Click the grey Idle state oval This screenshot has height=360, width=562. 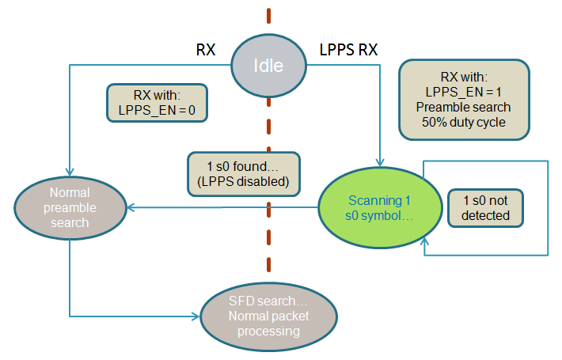pos(267,66)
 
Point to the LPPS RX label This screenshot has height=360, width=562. pos(347,50)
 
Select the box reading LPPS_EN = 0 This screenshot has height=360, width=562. pos(157,104)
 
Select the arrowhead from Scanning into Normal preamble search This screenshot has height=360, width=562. pos(131,208)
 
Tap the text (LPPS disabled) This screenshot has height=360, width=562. pos(244,181)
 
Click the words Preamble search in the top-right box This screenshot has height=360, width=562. pos(464,107)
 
